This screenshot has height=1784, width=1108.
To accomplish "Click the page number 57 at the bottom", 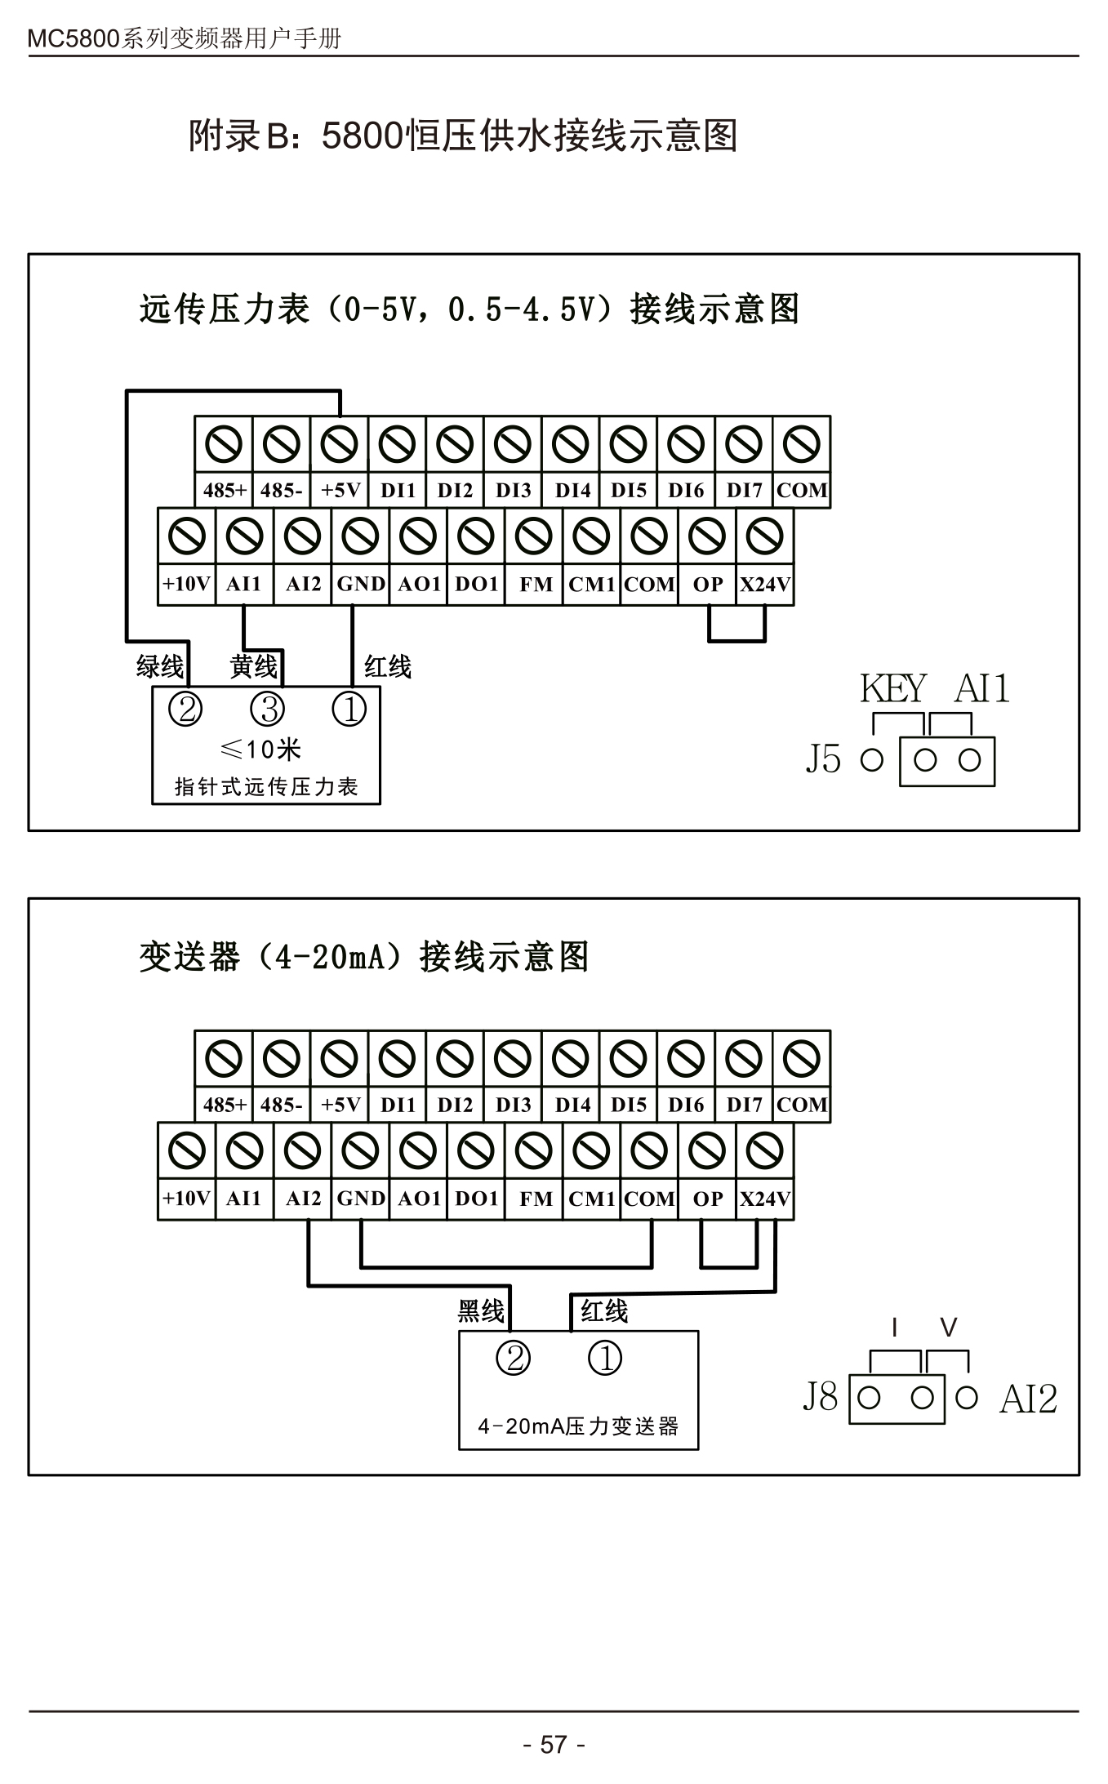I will coord(554,1744).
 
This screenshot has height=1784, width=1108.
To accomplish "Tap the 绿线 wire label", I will coord(160,666).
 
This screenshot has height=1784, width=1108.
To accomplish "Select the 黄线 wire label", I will coord(254,666).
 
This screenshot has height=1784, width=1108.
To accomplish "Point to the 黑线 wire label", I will coord(481,1311).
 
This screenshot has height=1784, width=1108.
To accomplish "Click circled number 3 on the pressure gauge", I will coord(267,709).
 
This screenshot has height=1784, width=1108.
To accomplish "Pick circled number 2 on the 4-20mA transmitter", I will coord(514,1359).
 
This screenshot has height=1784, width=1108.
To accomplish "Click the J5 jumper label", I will coord(823,759).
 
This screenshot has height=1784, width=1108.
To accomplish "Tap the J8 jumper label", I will coord(821,1396).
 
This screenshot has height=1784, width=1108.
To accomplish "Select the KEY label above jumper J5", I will coord(893,688).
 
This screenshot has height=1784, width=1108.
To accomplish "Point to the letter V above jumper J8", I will coord(948,1328).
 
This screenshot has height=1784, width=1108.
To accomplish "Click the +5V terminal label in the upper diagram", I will coord(340,490).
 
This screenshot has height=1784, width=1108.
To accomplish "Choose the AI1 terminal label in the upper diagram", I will coord(243,584).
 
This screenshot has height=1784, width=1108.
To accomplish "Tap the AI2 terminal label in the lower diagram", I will coord(303,1199).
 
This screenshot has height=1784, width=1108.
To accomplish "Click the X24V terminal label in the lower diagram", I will coord(765,1199).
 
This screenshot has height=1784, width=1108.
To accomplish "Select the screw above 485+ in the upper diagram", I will coord(224,445).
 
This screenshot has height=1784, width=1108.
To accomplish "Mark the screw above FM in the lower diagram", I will coord(534,1151).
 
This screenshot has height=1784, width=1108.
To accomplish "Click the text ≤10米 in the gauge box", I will coord(261,749).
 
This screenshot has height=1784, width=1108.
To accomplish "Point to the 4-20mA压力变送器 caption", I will coord(578,1426).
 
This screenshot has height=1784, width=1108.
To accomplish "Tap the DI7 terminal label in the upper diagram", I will coord(744,490).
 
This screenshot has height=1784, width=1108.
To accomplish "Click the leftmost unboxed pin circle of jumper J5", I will coord(872,760).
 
